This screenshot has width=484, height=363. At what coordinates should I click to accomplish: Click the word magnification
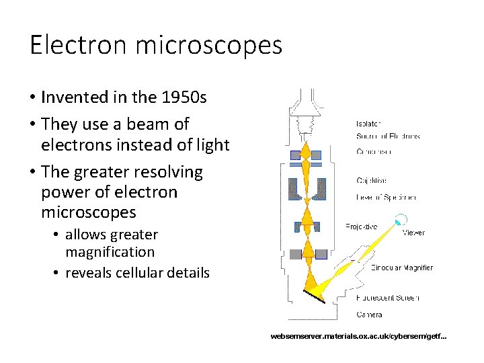click(110, 252)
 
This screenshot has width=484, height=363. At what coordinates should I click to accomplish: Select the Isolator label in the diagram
click(368, 123)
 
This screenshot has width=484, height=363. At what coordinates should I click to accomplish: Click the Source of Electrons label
click(388, 136)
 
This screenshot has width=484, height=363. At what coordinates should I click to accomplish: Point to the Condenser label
click(374, 152)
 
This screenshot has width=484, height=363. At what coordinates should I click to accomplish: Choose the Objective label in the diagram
click(371, 181)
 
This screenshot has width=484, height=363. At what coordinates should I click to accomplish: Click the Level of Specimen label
click(387, 198)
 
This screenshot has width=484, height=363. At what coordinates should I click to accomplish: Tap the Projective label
click(362, 227)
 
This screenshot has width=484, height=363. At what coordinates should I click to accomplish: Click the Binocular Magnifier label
click(402, 268)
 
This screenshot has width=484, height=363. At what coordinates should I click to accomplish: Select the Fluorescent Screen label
click(388, 298)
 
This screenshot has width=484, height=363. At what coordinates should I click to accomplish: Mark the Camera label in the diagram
click(369, 314)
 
